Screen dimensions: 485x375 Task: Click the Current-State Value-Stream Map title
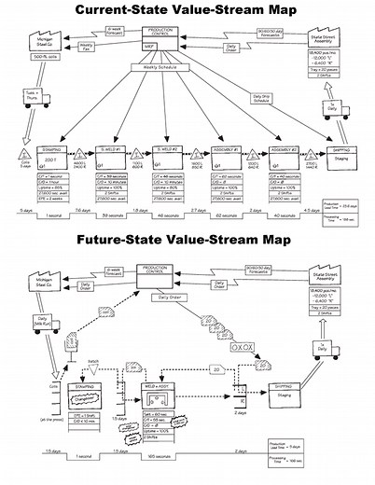(187, 11)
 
